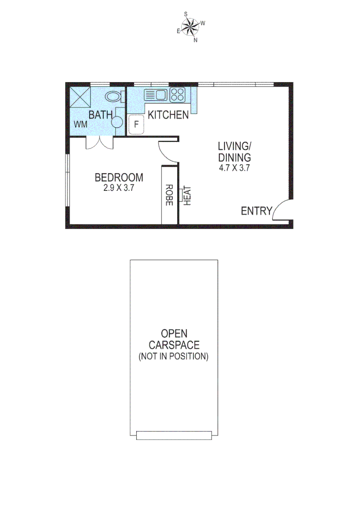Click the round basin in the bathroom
(x=116, y=122)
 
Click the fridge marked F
(x=136, y=125)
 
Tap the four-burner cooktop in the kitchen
(x=177, y=95)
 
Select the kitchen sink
(x=155, y=95)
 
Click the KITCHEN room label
(x=168, y=115)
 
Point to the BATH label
(x=101, y=115)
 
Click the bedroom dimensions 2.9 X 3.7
(x=119, y=187)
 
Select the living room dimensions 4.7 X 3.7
(x=234, y=168)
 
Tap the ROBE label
(x=169, y=194)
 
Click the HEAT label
(x=187, y=196)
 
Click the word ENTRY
(x=256, y=211)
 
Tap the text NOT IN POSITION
(x=173, y=356)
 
